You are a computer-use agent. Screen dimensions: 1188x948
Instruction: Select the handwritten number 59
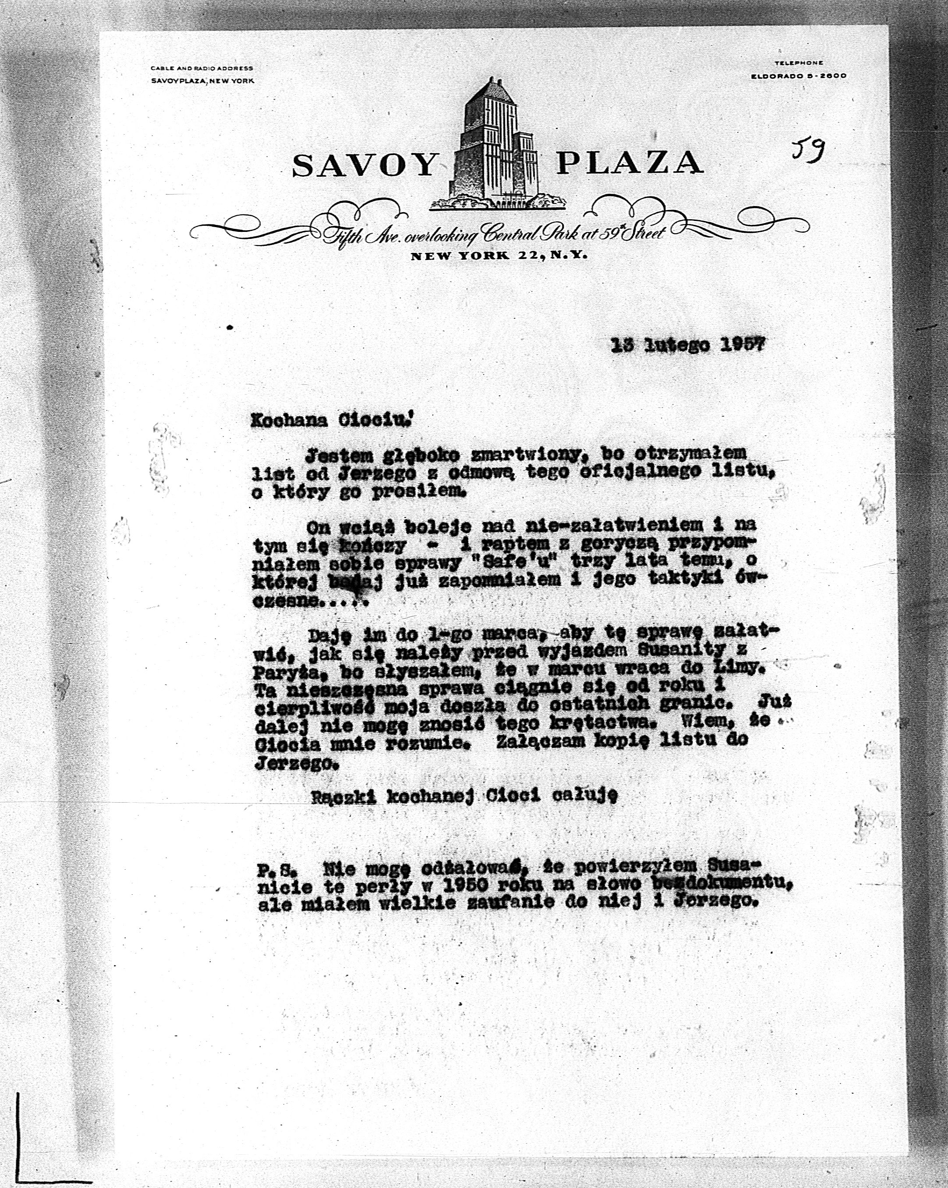pos(808,148)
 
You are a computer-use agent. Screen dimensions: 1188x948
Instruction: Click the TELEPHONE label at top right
pos(798,64)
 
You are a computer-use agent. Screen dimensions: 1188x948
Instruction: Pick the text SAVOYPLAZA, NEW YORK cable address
pos(202,81)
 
